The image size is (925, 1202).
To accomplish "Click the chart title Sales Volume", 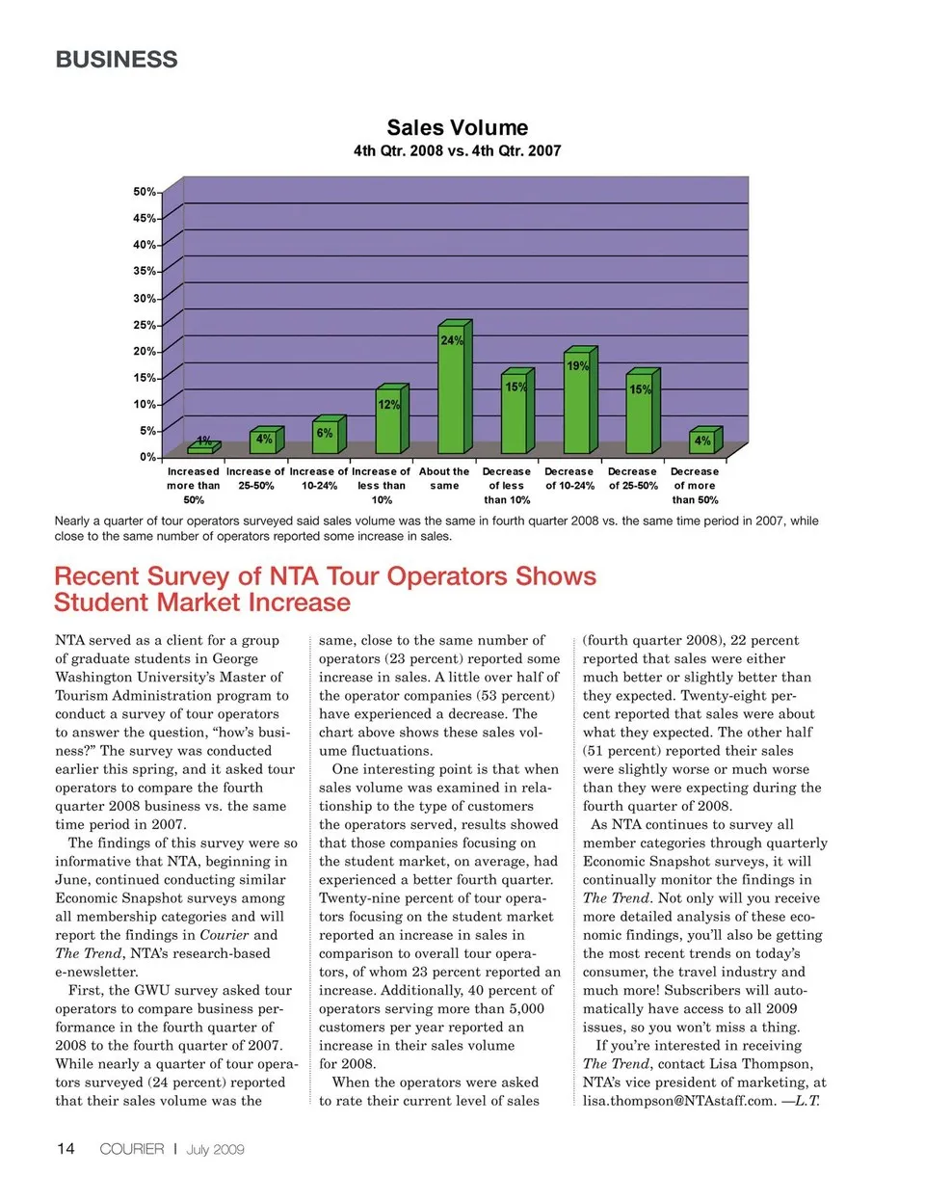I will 457,127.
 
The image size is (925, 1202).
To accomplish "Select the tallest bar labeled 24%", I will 451,390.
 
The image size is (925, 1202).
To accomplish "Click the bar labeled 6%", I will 325,438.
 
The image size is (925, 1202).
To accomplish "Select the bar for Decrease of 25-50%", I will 640,414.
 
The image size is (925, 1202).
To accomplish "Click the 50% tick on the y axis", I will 145,192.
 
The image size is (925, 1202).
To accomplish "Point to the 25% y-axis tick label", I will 145,325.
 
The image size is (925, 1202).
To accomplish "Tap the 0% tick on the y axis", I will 147,457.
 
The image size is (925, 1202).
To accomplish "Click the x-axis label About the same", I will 444,479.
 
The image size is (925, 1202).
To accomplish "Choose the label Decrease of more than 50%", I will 695,486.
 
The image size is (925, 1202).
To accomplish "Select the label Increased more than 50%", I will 194,486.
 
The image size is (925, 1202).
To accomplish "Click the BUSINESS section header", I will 117,60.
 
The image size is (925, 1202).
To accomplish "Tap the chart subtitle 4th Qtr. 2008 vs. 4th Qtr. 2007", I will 457,150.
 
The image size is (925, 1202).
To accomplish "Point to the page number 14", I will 66,1149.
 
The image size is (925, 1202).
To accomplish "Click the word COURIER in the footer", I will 132,1149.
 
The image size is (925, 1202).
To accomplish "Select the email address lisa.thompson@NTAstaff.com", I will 678,1101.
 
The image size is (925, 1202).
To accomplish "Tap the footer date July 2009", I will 215,1149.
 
